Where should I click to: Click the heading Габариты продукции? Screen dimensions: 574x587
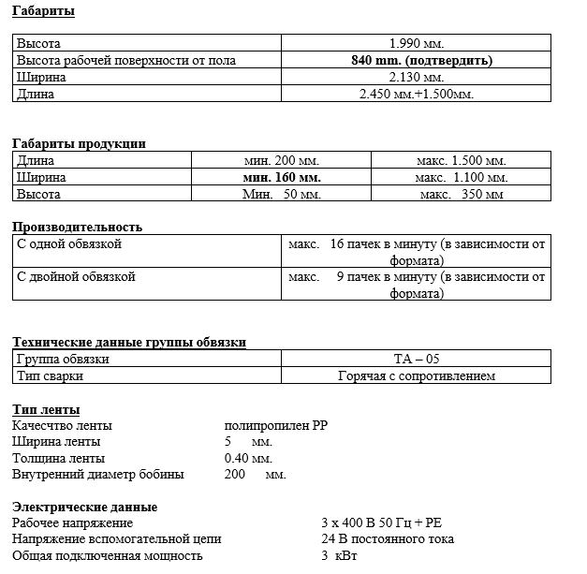79,143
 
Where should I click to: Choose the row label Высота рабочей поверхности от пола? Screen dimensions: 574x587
126,60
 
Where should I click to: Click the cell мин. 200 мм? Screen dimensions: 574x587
282,160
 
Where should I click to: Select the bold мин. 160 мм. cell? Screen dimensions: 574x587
282,177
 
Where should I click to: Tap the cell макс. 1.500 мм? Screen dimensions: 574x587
461,160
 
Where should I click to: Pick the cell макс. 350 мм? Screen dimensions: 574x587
461,194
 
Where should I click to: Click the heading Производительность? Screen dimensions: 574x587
77,227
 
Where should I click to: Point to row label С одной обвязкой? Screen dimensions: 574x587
69,244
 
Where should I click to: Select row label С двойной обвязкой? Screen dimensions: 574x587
76,277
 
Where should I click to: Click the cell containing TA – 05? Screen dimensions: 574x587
416,359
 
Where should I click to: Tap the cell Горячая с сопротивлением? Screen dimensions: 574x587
416,375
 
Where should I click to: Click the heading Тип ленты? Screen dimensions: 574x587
46,409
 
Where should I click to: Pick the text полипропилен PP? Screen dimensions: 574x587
276,425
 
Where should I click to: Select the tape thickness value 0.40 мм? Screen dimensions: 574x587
248,458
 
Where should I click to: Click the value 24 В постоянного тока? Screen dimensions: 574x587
387,538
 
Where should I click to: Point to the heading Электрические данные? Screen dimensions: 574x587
84,507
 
